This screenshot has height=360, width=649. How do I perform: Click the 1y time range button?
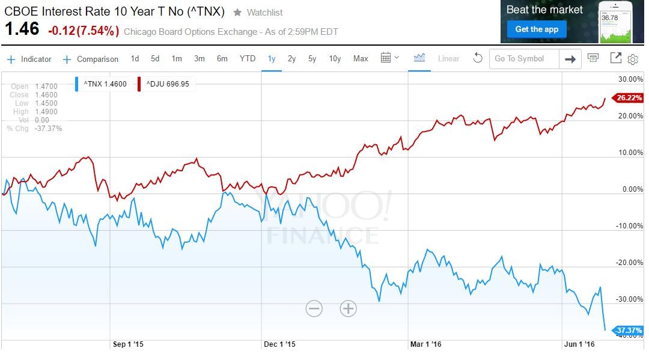pos(272,58)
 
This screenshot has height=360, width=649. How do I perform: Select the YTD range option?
pos(248,58)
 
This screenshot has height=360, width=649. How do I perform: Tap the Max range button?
pos(361,58)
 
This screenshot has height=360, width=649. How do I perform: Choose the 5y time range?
pos(312,58)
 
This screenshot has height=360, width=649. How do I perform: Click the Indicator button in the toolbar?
pos(29,59)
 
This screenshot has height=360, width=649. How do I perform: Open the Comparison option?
pos(91,59)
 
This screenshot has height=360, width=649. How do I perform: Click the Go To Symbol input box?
pos(524,58)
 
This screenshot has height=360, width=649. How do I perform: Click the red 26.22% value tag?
pos(627,97)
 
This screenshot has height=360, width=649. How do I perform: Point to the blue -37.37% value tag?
pos(627,330)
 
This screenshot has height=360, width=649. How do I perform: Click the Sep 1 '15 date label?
pos(129,344)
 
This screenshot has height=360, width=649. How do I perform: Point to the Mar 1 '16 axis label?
pos(426,344)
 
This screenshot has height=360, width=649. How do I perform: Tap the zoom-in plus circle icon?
pos(349,308)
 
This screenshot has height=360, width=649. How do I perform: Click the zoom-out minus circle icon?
pos(314,308)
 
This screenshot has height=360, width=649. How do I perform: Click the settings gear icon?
pos(633,59)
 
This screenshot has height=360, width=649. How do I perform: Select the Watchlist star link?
pos(258,13)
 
